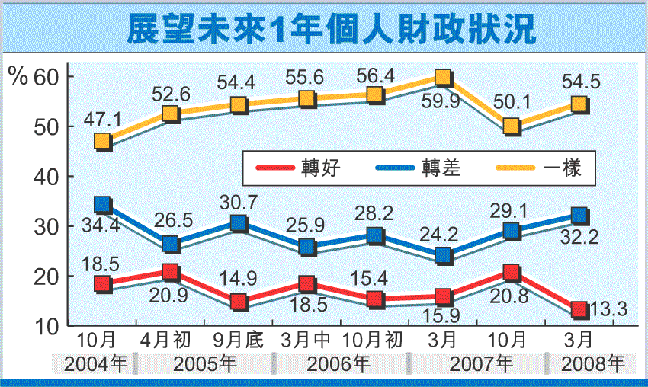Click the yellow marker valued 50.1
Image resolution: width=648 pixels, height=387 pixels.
[511, 126]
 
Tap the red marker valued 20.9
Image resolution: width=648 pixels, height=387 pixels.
[170, 272]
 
